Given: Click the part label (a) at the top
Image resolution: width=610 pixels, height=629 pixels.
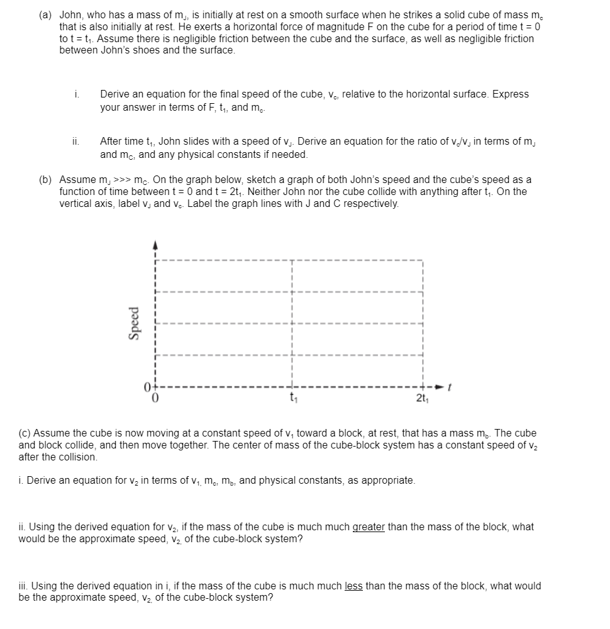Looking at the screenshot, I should tap(47, 15).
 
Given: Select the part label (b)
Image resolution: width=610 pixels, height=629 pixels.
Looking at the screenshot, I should tap(47, 179).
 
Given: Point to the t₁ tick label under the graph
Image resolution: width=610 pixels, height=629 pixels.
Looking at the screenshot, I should tap(292, 398).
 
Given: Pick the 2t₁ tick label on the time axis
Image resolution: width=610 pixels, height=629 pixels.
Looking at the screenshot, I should tap(423, 398).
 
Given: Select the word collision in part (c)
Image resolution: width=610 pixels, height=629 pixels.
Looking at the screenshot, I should tap(75, 457).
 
